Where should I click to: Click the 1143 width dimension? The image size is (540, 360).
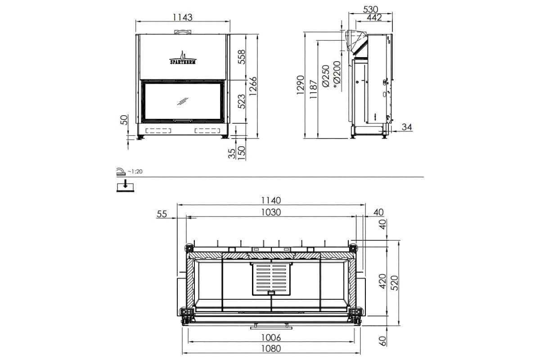(182, 17)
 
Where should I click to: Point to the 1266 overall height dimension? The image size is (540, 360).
(253, 85)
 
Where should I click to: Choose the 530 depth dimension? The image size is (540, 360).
(370, 9)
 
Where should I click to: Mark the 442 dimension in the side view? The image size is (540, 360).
(374, 18)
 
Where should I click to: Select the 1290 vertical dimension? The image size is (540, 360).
(301, 85)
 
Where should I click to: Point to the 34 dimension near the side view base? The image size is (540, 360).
(406, 127)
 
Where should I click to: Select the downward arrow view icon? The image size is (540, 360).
(126, 185)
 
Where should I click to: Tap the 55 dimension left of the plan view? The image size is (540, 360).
(162, 214)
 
